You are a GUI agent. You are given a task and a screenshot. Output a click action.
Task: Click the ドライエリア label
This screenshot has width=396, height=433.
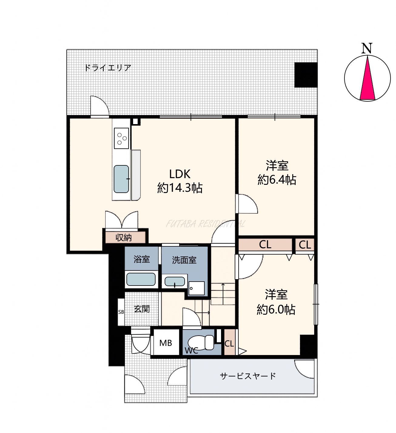click(107, 68)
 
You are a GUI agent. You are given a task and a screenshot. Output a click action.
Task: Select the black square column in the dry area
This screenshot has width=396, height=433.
click(306, 75)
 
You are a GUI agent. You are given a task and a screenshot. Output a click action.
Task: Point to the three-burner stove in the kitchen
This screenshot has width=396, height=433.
click(121, 138)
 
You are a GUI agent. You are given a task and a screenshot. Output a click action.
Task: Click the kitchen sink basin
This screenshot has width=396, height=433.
click(121, 179)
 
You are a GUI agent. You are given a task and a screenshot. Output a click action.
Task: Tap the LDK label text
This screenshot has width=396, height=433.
click(180, 174)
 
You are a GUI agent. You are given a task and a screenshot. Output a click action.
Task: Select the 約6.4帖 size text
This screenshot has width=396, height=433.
click(277, 180)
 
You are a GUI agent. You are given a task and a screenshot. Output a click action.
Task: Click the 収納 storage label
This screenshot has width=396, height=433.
click(123, 238)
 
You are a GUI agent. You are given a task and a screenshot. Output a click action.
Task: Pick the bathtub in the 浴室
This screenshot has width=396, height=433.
click(141, 279)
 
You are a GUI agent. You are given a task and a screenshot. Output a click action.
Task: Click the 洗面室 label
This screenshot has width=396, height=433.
click(184, 260)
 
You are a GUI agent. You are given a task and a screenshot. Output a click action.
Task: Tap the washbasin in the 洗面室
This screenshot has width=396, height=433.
click(175, 282)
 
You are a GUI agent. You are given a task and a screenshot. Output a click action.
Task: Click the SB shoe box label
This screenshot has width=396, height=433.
click(121, 312)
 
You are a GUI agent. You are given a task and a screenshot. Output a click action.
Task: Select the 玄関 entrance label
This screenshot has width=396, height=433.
click(142, 309)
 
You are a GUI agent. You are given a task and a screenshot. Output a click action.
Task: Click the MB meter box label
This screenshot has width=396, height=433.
click(166, 343)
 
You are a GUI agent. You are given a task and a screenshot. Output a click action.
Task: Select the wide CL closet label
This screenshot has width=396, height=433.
click(265, 245)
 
